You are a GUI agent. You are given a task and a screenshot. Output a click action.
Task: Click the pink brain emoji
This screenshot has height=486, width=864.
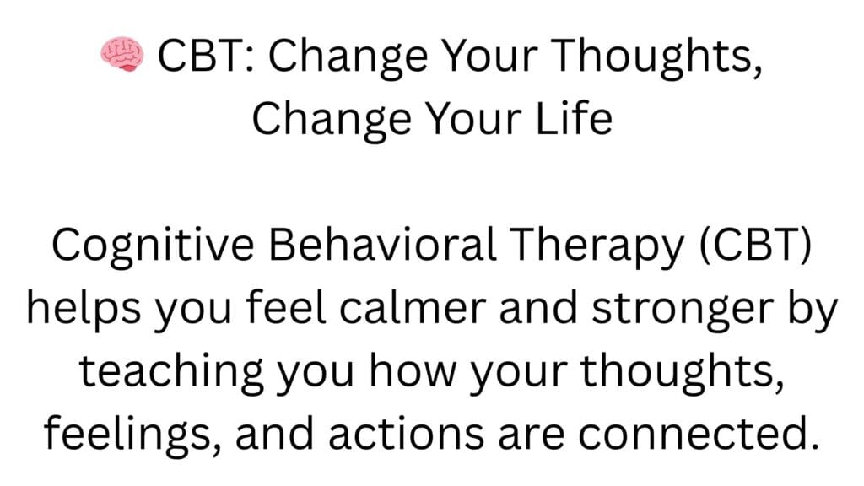tap(121, 55)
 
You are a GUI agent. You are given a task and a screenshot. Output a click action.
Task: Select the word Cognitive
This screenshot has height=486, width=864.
tap(153, 246)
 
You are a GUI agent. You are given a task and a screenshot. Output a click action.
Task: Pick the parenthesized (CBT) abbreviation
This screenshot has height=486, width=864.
tap(755, 245)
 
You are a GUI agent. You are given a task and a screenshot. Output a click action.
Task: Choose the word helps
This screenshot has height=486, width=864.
tap(84, 309)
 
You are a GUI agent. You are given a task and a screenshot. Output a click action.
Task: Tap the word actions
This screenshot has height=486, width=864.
tap(406, 435)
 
